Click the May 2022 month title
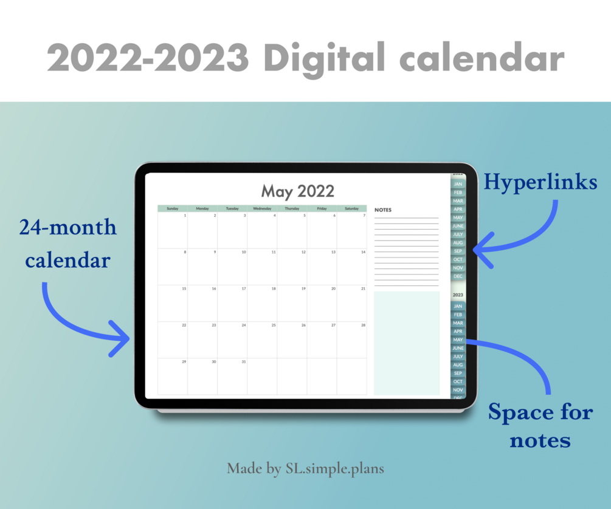tap(297, 192)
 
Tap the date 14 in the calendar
tap(363, 252)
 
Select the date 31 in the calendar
tap(244, 362)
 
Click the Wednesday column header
tap(262, 208)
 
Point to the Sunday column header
tap(172, 208)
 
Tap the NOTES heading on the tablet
tap(383, 210)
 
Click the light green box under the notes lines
tap(407, 343)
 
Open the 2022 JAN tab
tap(458, 184)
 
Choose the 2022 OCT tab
tap(458, 259)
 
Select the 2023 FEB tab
tap(458, 315)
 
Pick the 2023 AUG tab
tap(458, 365)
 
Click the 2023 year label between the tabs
tap(458, 295)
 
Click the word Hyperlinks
tap(540, 182)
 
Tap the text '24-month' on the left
tap(67, 228)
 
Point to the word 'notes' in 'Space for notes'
tap(540, 440)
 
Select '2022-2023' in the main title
tap(148, 58)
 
